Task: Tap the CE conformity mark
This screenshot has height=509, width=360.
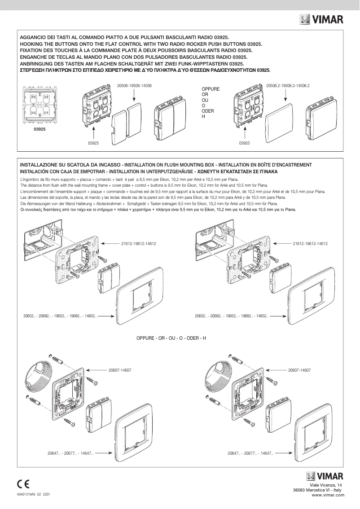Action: pyautogui.click(x=23, y=483)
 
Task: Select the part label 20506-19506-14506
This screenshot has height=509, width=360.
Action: pyautogui.click(x=134, y=85)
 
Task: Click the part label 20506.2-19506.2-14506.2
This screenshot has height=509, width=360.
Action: pyautogui.click(x=288, y=85)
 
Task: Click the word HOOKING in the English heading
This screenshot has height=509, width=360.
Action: pyautogui.click(x=32, y=44)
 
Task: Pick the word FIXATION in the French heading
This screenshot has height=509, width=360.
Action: pyautogui.click(x=32, y=51)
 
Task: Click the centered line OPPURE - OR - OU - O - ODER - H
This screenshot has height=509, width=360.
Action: pyautogui.click(x=171, y=338)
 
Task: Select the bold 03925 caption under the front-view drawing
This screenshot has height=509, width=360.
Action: pyautogui.click(x=39, y=129)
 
